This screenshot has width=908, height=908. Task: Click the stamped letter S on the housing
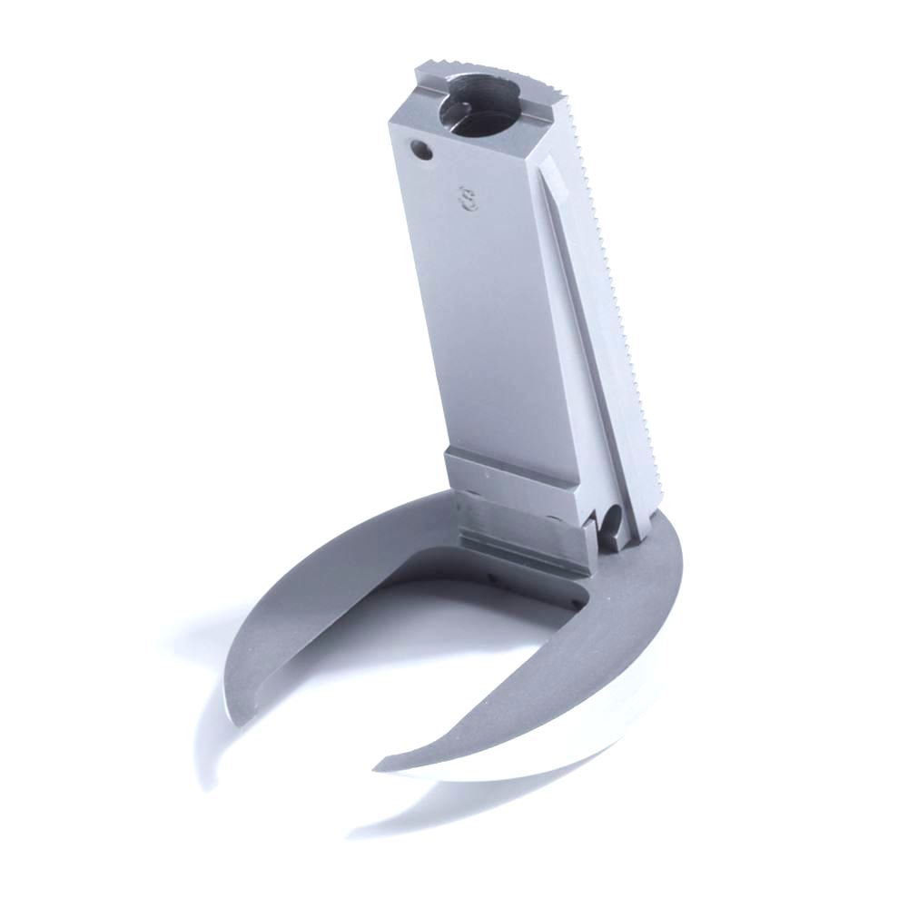469,198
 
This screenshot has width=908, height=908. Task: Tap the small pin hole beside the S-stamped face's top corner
420,147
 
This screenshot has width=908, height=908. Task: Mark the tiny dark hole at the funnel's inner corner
577,598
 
